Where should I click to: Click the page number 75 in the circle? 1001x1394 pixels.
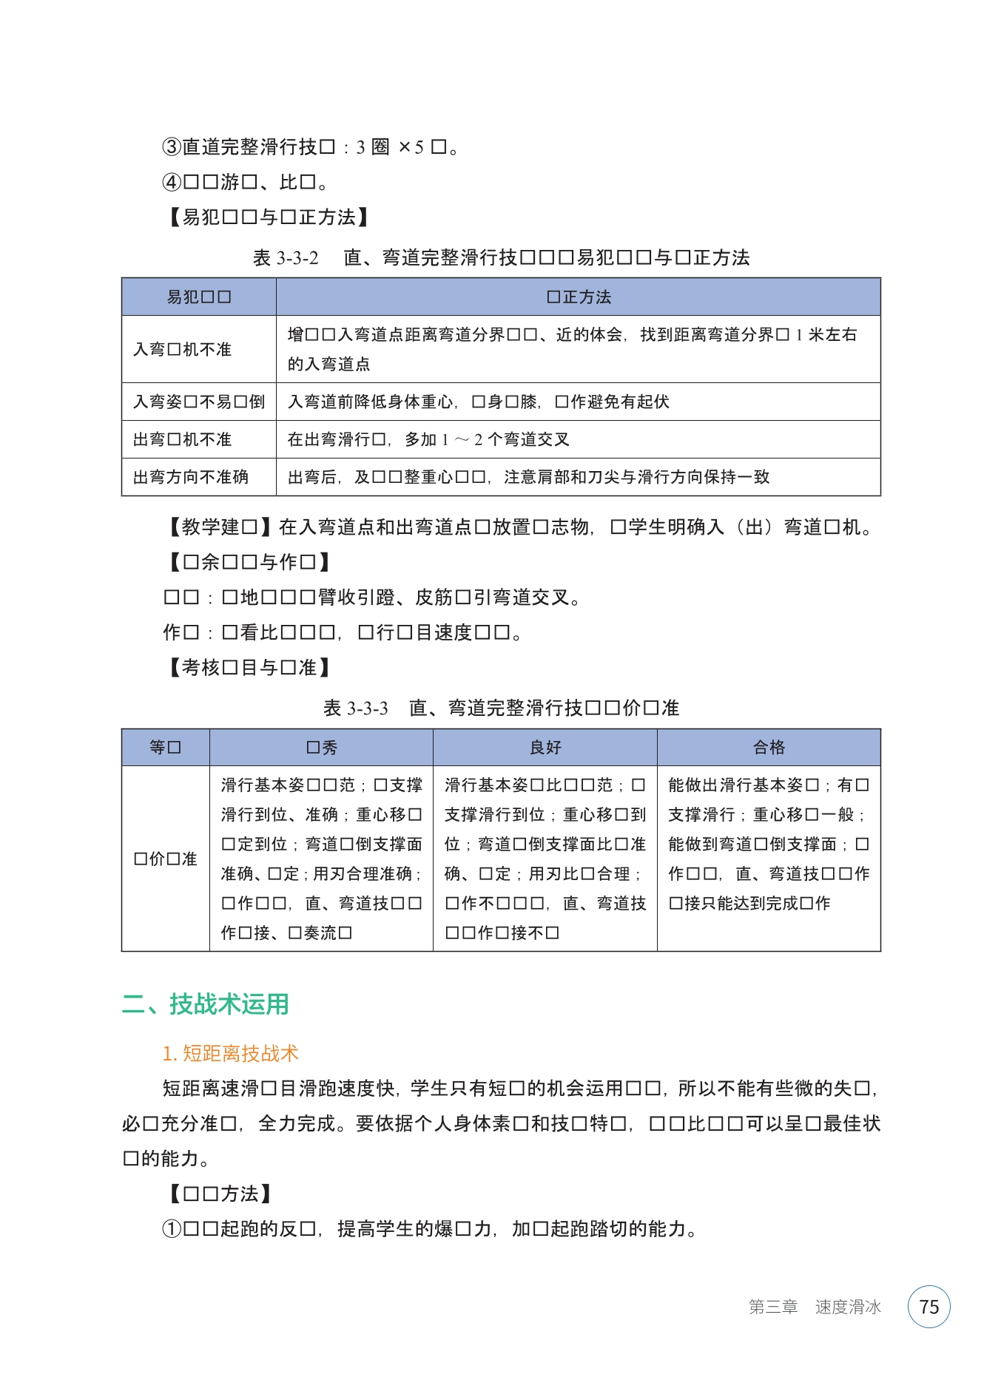[x=928, y=1307]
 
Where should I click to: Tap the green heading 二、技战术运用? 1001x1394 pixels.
[x=205, y=1004]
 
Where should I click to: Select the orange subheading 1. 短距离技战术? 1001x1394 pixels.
[x=230, y=1053]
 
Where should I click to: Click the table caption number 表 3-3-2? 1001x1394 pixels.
[x=286, y=257]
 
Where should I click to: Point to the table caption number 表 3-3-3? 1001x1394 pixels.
[x=355, y=708]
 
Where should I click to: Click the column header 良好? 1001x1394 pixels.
[x=545, y=747]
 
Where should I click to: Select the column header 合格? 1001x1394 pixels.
[x=769, y=747]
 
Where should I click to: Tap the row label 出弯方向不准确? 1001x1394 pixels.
[x=191, y=477]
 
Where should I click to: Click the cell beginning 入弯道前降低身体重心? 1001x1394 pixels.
[x=478, y=402]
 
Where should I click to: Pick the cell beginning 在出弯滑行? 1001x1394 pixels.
[x=428, y=439]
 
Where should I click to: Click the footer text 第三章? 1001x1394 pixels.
[x=772, y=1307]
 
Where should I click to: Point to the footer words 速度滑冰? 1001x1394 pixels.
[x=848, y=1307]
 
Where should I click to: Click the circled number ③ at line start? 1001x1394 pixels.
[x=172, y=147]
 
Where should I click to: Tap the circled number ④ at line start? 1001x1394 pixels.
[x=172, y=182]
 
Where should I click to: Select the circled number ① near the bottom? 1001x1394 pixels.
[x=172, y=1228]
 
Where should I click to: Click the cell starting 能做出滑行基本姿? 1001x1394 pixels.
[x=768, y=844]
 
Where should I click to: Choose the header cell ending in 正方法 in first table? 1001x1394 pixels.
[x=579, y=297]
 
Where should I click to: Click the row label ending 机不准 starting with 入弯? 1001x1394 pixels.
[x=183, y=349]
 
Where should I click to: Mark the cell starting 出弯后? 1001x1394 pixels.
[x=528, y=477]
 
